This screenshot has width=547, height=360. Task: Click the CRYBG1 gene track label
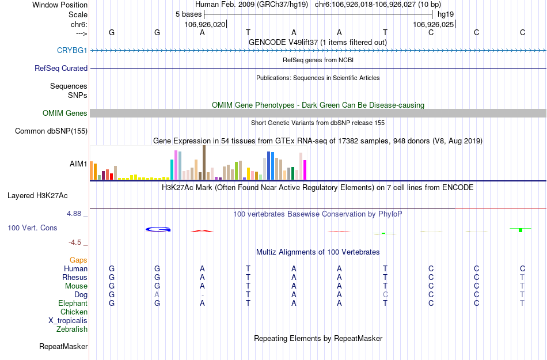pos(72,51)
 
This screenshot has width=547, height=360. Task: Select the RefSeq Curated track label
pos(61,68)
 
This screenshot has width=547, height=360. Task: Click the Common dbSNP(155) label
pos(51,131)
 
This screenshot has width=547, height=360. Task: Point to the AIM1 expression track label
pos(78,164)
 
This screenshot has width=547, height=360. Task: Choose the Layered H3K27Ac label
pos(37,195)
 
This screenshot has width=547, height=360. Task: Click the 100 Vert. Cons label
pos(32,228)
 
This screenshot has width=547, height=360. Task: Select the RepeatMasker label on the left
pos(63,347)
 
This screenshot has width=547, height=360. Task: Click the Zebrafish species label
pos(72,329)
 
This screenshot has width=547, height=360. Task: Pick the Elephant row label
pos(73,304)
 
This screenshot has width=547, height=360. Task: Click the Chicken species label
pos(74,312)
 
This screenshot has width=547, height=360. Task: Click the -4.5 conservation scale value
pos(76,242)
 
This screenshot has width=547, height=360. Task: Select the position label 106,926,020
pos(204,25)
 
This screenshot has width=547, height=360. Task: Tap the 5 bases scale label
pos(188,13)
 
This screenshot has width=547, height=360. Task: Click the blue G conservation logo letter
pos(158,229)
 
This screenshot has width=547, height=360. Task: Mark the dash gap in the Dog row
pos(202,295)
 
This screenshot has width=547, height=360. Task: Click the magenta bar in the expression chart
pos(305,170)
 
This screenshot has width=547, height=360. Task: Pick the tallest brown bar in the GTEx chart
pos(204,162)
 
